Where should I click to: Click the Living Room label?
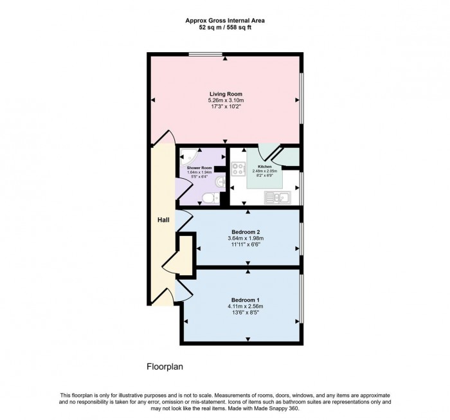click(x=225, y=94)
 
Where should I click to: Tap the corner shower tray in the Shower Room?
click(x=187, y=155)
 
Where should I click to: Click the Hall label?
click(x=163, y=220)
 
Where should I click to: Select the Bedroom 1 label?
click(x=245, y=300)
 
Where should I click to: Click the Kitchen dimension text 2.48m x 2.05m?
click(x=264, y=171)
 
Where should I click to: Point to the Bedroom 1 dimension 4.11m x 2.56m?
click(x=245, y=307)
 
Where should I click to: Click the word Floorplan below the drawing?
click(x=166, y=367)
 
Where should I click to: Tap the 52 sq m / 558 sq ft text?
click(x=225, y=28)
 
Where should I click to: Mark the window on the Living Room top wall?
click(x=206, y=55)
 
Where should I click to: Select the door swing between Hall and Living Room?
click(x=166, y=137)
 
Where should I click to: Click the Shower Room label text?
click(x=199, y=167)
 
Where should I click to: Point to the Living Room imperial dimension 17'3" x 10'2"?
click(x=226, y=108)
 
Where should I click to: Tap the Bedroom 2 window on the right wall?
click(x=301, y=240)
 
